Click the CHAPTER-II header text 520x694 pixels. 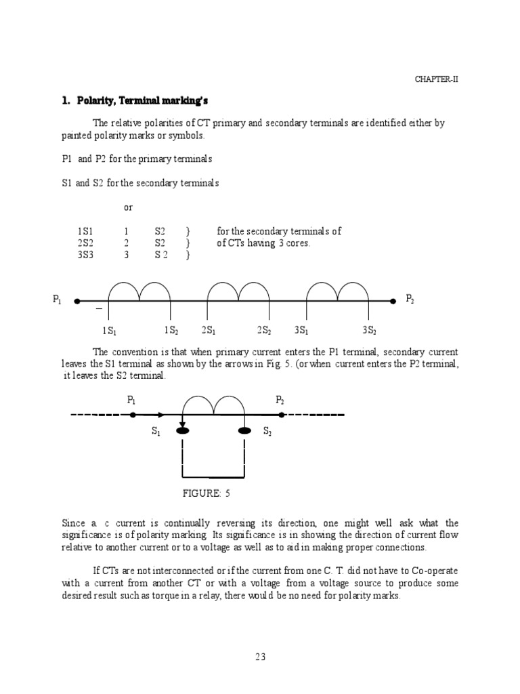pyautogui.click(x=437, y=79)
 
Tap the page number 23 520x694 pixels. pyautogui.click(x=260, y=656)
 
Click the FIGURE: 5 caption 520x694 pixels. pyautogui.click(x=207, y=493)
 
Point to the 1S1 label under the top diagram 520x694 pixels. pyautogui.click(x=109, y=331)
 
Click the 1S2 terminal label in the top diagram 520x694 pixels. pyautogui.click(x=171, y=331)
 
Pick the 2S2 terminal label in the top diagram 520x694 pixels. pyautogui.click(x=263, y=331)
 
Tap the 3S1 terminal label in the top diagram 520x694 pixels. pyautogui.click(x=301, y=331)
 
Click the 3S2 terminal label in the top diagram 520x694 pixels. pyautogui.click(x=369, y=331)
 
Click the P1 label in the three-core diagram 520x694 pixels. pyautogui.click(x=57, y=300)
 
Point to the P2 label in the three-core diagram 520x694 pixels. pyautogui.click(x=410, y=298)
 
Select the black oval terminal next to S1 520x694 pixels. pyautogui.click(x=182, y=430)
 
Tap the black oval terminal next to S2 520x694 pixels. pyautogui.click(x=244, y=430)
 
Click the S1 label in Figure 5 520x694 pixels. pyautogui.click(x=156, y=431)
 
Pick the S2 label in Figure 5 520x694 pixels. pyautogui.click(x=267, y=431)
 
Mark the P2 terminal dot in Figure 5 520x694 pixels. pyautogui.click(x=282, y=415)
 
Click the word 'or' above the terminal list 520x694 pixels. pyautogui.click(x=129, y=207)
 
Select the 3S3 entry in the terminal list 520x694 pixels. pyautogui.click(x=86, y=255)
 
